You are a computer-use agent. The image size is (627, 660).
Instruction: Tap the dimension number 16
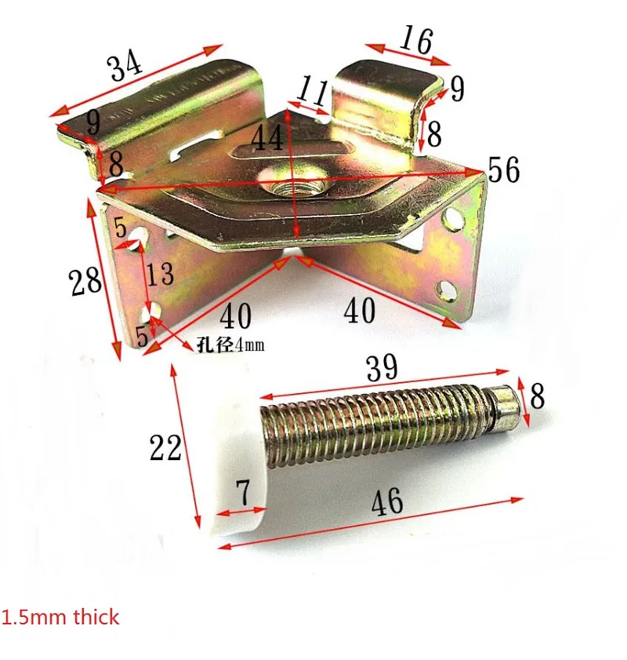(415, 39)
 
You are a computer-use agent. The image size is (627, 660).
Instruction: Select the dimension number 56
(504, 170)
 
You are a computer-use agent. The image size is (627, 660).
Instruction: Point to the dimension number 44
(267, 138)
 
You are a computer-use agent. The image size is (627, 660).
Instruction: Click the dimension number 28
(85, 281)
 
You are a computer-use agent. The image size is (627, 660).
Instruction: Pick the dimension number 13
(160, 274)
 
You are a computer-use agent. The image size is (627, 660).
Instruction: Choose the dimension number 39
(382, 367)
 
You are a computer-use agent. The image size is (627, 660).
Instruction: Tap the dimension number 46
(387, 501)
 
